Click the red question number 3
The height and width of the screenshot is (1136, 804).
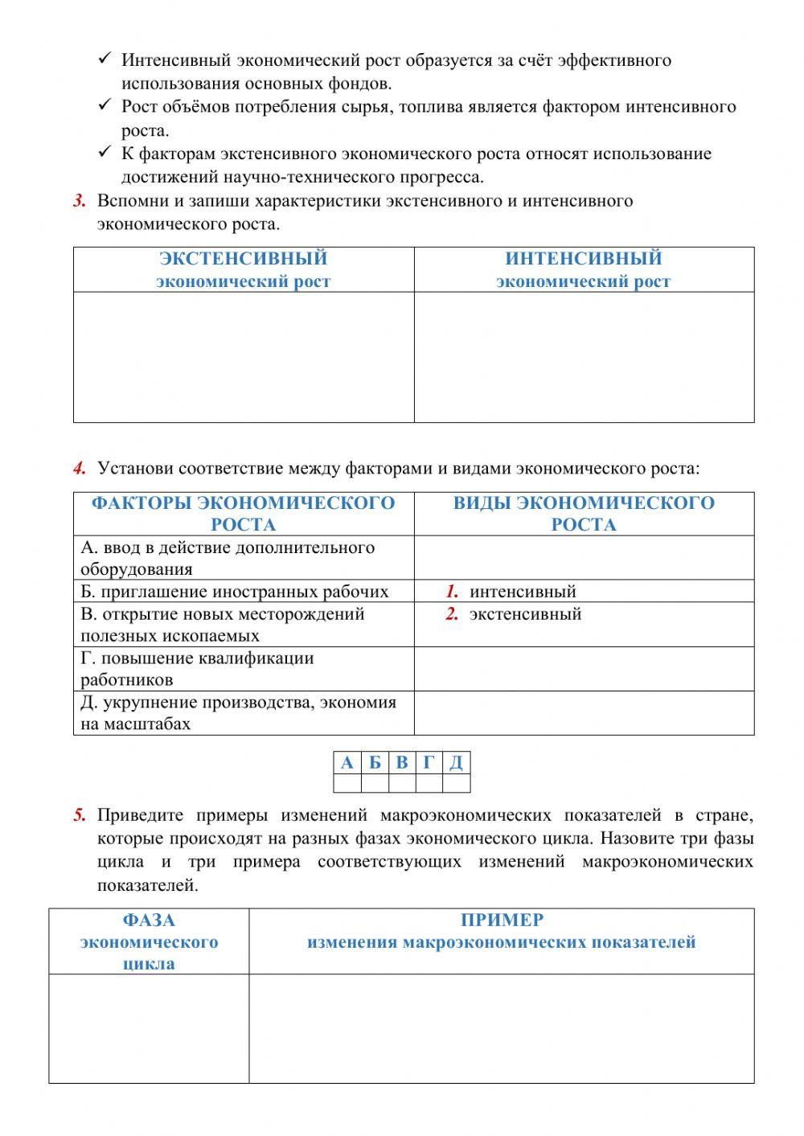[x=79, y=201]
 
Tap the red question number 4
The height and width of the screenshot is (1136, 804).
[x=79, y=468]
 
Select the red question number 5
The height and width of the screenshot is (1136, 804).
[x=79, y=816]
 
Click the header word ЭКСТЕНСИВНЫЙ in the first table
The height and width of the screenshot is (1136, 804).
[x=243, y=259]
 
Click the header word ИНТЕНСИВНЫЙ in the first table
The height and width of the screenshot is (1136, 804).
[x=583, y=259]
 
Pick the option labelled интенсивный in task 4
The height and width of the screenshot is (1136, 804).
[x=523, y=592]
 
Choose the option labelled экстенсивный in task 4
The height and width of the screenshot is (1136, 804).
[x=525, y=614]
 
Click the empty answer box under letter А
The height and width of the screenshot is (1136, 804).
[x=347, y=783]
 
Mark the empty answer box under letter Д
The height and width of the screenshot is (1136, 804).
[x=456, y=783]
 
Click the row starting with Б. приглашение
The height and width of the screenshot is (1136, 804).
[x=234, y=592]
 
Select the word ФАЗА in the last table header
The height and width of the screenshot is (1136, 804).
[x=149, y=921]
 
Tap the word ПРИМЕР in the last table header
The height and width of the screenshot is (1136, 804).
[x=502, y=921]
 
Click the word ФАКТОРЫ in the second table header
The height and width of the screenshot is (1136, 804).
[x=142, y=503]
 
